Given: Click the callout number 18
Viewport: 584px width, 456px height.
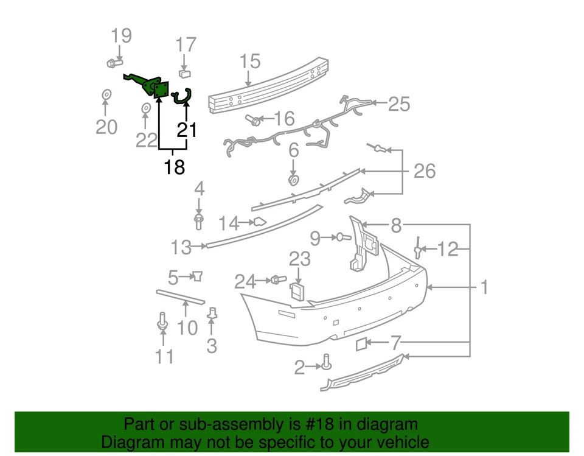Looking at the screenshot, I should (174, 166).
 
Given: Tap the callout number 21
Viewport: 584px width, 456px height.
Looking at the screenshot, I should (187, 130).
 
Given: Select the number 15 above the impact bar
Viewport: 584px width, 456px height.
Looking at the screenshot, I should (249, 61).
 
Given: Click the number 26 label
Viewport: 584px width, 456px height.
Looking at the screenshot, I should (424, 171).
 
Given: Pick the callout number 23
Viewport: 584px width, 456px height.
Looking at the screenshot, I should (299, 259).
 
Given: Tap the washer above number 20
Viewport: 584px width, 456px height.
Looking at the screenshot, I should (105, 95).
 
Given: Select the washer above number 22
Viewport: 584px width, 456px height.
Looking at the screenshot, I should (146, 109).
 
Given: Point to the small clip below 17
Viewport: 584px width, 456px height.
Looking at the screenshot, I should (185, 74).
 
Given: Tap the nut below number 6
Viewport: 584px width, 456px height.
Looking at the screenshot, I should (293, 181).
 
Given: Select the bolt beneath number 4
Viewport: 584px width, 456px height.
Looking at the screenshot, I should (198, 220).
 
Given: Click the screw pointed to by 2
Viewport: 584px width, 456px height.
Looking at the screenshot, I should (327, 363).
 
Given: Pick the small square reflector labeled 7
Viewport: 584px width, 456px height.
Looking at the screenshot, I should (360, 345).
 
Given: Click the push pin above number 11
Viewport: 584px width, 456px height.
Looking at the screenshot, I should (162, 321).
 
